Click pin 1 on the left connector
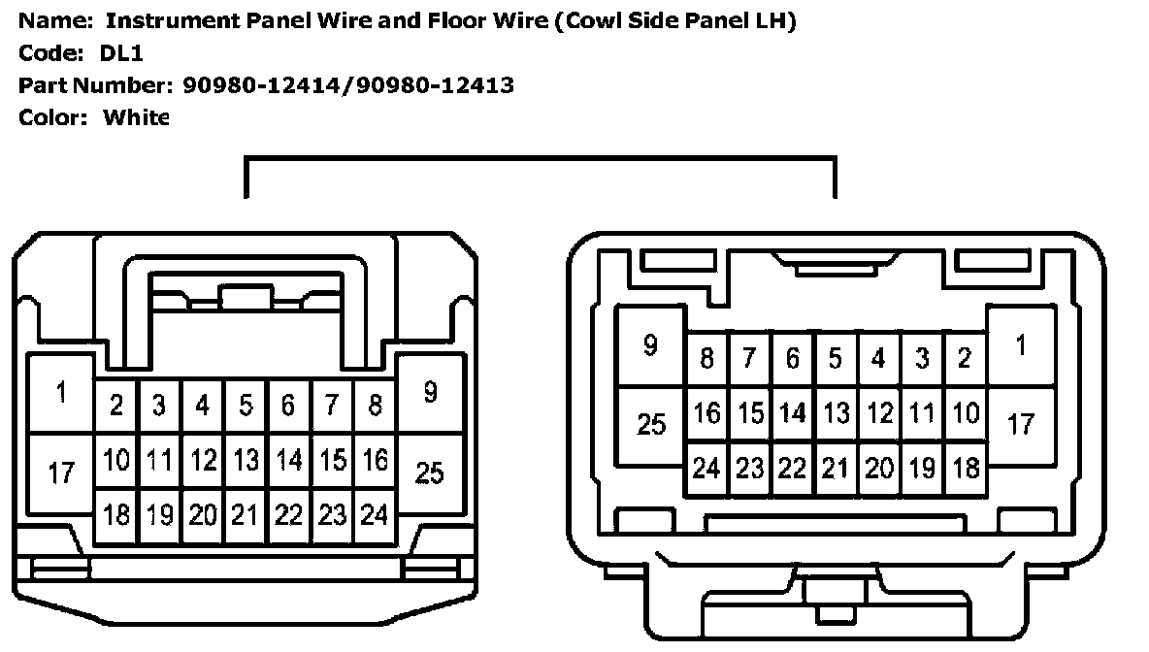tap(61, 393)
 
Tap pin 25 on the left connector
tap(430, 473)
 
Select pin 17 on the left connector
tap(61, 473)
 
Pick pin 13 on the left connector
tap(246, 461)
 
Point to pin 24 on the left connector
tap(375, 516)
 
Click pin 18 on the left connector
tap(116, 516)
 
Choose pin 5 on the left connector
tap(246, 406)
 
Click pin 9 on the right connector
tap(651, 345)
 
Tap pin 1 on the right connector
tap(1021, 345)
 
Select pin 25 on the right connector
tap(651, 425)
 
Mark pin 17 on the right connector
tap(1021, 425)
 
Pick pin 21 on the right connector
tap(836, 468)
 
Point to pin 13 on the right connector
tap(836, 414)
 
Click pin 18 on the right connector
tap(966, 468)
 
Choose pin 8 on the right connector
tap(706, 358)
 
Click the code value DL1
tap(121, 52)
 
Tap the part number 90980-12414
tap(262, 85)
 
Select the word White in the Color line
tap(136, 117)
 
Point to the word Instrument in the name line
tap(173, 20)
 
